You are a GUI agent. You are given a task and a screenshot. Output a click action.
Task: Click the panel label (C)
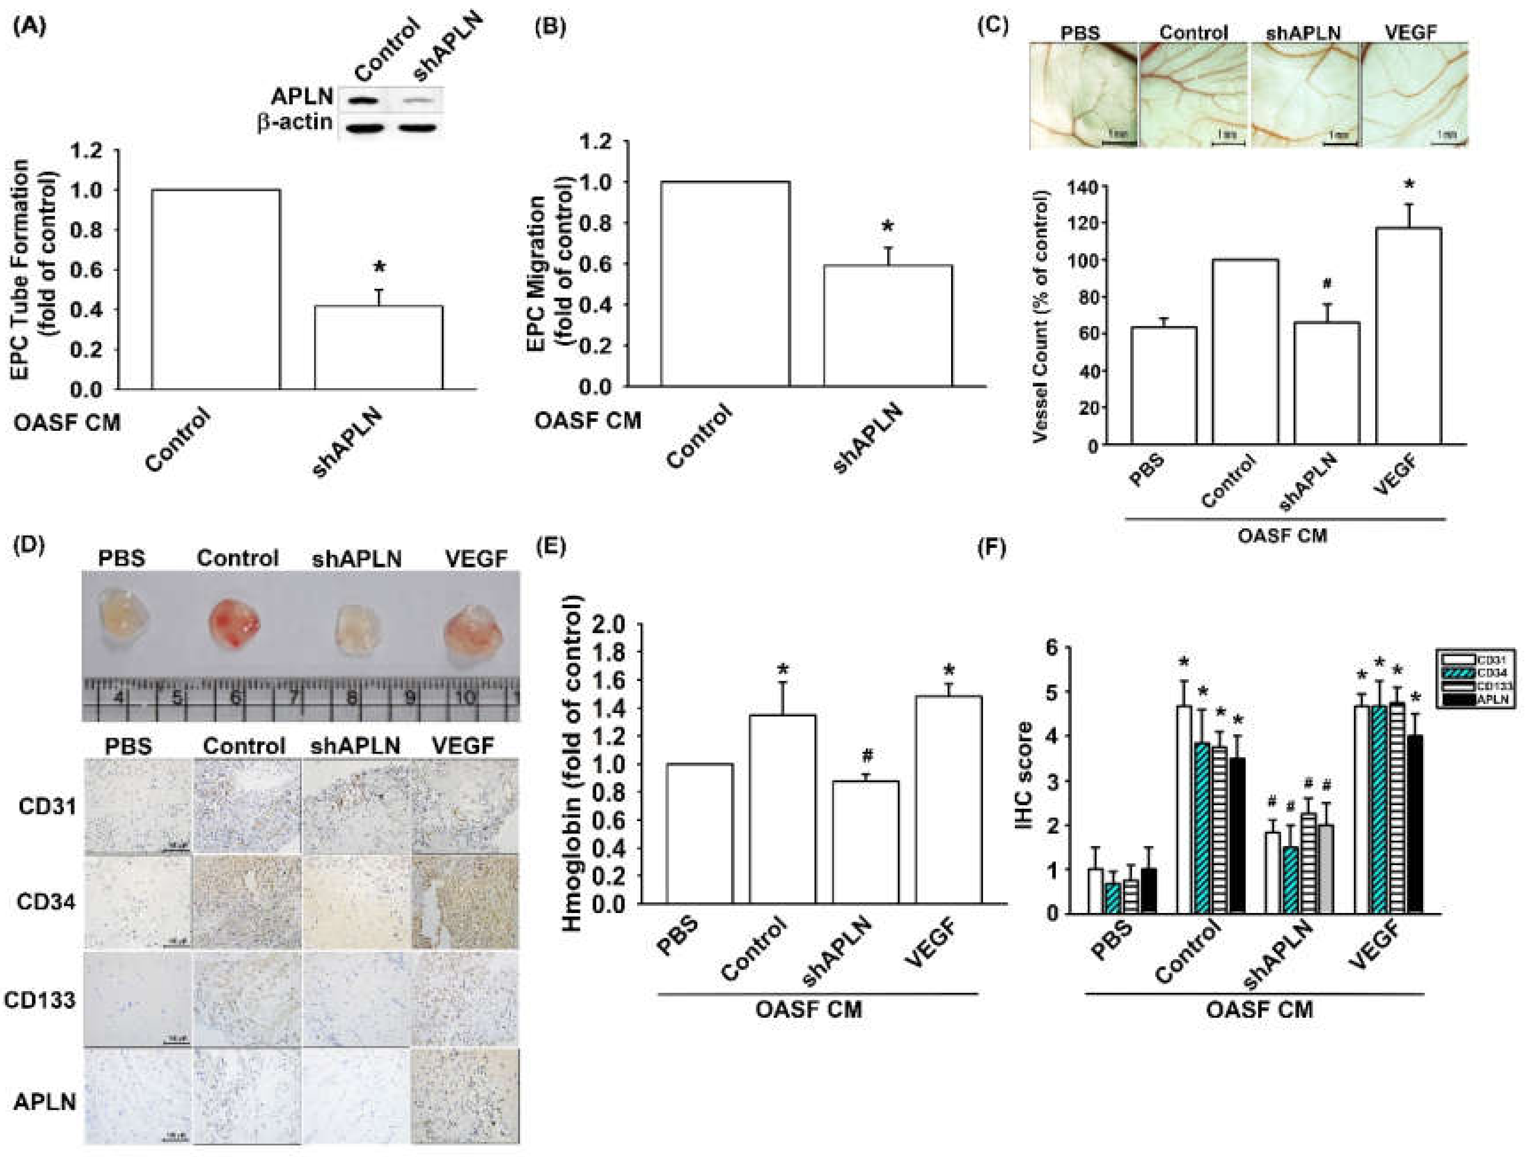pyautogui.click(x=993, y=26)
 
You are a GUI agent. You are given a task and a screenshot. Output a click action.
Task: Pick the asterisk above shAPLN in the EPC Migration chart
pyautogui.click(x=888, y=227)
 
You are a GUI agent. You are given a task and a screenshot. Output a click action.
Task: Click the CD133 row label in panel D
pyautogui.click(x=39, y=1000)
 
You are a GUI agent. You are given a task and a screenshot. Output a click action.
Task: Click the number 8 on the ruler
pyautogui.click(x=352, y=698)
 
